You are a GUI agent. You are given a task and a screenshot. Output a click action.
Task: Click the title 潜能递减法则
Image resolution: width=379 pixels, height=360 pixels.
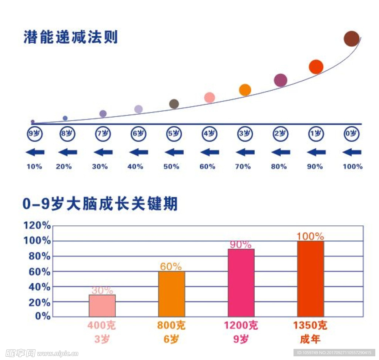(71, 37)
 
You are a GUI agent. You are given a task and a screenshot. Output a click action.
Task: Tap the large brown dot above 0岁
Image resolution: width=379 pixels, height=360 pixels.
(351, 39)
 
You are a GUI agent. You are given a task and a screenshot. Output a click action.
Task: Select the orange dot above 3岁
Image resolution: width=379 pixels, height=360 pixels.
(245, 90)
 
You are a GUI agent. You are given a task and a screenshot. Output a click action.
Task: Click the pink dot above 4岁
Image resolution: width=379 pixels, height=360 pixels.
(209, 98)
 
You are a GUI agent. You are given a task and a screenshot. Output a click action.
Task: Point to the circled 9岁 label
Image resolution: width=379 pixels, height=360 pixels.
(35, 134)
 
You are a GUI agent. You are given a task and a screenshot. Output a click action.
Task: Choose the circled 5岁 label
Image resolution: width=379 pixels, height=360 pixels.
(174, 134)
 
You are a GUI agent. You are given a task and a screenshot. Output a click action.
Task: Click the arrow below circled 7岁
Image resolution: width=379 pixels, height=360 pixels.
(103, 152)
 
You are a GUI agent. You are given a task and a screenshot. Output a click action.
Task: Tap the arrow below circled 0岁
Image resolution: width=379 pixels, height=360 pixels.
(352, 152)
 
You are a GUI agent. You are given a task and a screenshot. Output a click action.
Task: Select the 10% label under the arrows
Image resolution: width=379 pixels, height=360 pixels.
(34, 166)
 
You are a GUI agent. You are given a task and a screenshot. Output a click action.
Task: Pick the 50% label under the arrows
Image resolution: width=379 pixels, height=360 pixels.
(171, 166)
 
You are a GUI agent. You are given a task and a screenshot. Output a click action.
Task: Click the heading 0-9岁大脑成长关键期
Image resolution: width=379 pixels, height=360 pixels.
(100, 204)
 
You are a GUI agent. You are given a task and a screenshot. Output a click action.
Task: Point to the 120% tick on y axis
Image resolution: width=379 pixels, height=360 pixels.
(37, 225)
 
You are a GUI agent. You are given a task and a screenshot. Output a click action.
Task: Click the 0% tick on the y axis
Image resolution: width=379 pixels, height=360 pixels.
(43, 316)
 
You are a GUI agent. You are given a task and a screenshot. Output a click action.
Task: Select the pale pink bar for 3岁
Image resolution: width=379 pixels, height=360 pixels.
(102, 306)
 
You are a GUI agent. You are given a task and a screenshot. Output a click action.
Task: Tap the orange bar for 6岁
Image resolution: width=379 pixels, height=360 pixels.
(171, 294)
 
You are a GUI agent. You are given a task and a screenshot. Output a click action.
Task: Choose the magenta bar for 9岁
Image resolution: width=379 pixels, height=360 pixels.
(241, 283)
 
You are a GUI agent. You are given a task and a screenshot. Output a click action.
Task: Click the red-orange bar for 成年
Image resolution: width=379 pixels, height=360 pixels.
(311, 279)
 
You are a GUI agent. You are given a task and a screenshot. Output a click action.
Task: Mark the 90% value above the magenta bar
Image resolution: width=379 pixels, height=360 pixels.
(241, 245)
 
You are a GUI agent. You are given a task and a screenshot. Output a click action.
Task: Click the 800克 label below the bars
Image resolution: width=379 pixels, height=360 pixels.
(171, 326)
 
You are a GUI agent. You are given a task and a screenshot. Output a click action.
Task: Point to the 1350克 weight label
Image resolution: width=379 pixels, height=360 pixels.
(310, 326)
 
